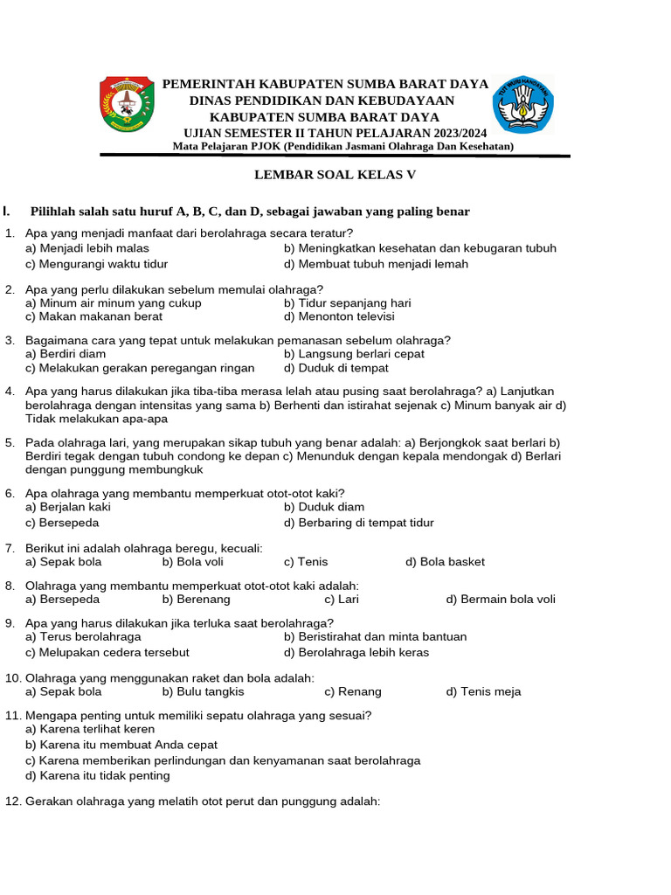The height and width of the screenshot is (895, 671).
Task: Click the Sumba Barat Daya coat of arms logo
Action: [x=128, y=104]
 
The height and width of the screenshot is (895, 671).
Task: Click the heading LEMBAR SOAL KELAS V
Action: [x=335, y=174]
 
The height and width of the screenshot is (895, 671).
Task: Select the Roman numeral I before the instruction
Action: [x=6, y=211]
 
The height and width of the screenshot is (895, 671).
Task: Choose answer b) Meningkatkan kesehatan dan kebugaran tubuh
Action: [x=419, y=248]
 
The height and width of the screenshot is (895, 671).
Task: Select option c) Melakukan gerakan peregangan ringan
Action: [x=140, y=368]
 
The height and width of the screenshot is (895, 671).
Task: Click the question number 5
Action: [x=10, y=443]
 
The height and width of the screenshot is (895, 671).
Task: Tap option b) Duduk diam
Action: [x=324, y=507]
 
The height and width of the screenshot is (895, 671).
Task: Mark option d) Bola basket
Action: [x=445, y=562]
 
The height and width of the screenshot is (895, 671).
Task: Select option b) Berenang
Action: [x=196, y=600]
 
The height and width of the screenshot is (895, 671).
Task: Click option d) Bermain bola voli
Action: [x=501, y=600]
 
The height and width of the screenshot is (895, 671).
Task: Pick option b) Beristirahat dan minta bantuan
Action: [x=375, y=637]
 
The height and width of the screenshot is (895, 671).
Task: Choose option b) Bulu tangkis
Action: [x=203, y=691]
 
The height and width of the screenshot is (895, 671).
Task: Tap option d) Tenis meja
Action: [x=483, y=691]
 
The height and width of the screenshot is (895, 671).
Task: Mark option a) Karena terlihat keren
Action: [x=90, y=729]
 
